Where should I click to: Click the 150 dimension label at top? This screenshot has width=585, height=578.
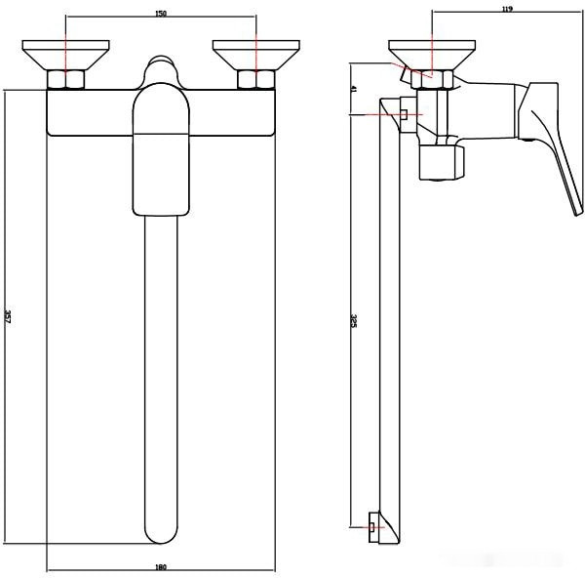click(161, 14)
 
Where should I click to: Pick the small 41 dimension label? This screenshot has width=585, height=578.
click(354, 90)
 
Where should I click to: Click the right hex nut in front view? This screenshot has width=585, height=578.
click(254, 80)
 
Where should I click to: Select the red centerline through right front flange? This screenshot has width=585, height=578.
click(254, 44)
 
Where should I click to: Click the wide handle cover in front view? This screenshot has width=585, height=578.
click(162, 151)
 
